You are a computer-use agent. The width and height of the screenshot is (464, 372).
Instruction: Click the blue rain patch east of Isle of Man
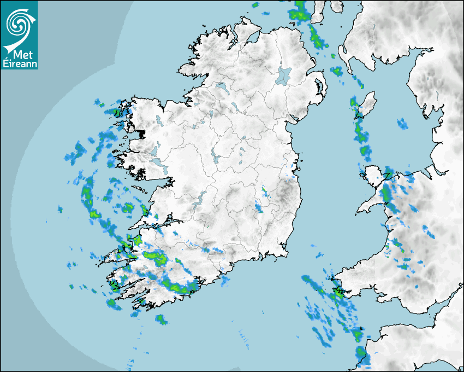pos(402,124)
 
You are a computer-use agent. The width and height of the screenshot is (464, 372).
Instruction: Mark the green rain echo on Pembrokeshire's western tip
pos(338,291)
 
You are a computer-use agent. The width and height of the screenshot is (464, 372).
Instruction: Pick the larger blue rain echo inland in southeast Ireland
pos(259,207)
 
